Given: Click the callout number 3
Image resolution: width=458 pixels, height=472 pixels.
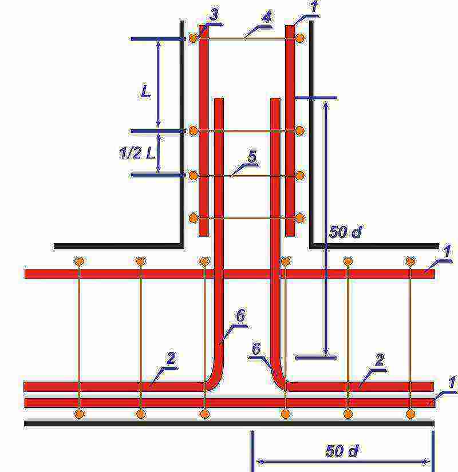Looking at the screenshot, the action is point(214,14).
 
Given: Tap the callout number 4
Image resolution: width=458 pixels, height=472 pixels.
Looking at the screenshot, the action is point(267,17).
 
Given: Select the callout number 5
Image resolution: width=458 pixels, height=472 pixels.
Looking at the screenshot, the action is point(252,157).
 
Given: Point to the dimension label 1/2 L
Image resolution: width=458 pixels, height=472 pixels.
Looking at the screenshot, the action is point(137,153).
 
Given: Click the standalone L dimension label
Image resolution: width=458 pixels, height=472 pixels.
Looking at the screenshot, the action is point(145,91).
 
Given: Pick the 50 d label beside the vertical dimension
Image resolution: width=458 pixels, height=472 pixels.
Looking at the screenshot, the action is point(345,232).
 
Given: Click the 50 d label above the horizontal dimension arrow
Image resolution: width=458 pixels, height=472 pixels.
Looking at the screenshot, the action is point(342,451).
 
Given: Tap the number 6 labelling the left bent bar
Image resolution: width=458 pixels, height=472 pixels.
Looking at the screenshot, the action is point(240,316).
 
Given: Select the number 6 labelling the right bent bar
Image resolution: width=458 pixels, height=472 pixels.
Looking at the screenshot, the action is point(256,348).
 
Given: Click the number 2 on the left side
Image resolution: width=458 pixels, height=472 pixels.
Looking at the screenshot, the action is point(171,358).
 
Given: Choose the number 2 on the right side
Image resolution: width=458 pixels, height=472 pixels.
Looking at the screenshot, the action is point(380,360).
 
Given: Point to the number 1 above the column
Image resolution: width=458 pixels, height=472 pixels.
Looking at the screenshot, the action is point(314,7).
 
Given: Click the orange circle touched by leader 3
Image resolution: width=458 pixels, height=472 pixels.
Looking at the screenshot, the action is point(194,38).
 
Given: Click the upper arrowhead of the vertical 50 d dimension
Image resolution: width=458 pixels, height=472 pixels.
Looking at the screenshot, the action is point(326,105).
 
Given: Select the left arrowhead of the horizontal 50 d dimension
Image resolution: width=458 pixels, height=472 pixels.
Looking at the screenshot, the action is point(260,462).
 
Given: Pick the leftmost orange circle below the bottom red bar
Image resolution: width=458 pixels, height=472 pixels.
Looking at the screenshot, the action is point(79,414).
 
